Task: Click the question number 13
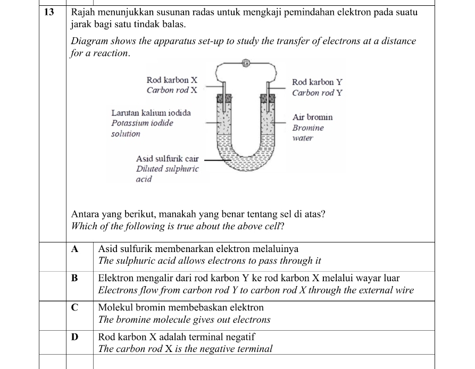(48, 12)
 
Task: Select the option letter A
(74, 249)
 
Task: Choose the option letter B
(74, 278)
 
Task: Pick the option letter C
(74, 307)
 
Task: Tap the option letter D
(74, 337)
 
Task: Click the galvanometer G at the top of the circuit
(246, 63)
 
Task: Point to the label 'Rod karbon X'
(172, 80)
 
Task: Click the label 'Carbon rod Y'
(317, 93)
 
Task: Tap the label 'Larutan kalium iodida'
(151, 113)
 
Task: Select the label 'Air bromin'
(312, 117)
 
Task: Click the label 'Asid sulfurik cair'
(167, 158)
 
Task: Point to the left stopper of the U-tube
(224, 99)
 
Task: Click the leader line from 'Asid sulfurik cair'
(215, 158)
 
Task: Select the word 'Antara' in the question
(85, 214)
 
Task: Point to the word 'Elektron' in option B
(115, 278)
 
